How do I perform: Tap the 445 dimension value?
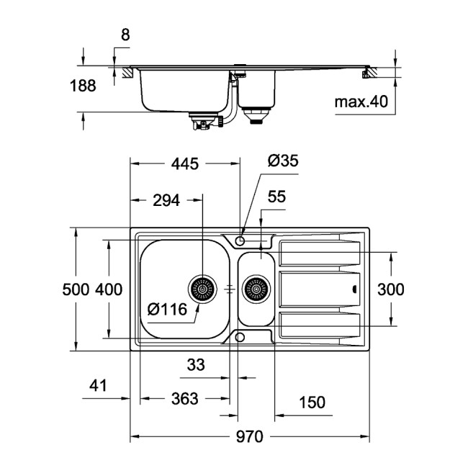click(184, 164)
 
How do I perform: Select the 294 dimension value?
click(166, 201)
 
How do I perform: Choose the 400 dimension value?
click(109, 290)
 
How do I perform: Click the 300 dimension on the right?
click(390, 290)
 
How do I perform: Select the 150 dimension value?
click(311, 402)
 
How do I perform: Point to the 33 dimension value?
click(195, 365)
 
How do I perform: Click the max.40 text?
click(361, 102)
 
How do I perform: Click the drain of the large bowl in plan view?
click(202, 289)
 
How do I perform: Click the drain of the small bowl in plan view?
click(256, 289)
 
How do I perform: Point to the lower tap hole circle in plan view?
click(240, 337)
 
